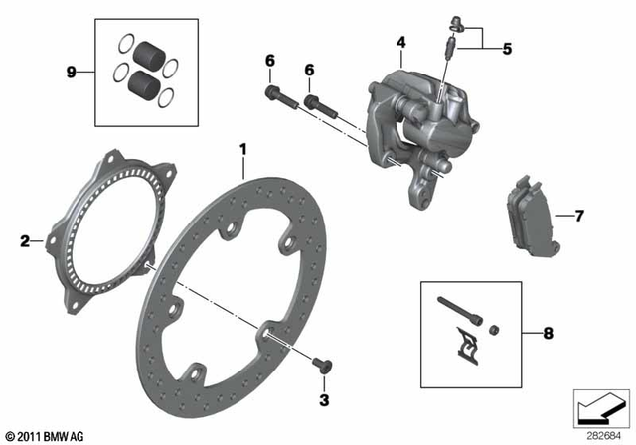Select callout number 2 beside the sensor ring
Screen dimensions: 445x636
click(x=24, y=239)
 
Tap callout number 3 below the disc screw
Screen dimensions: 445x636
click(x=323, y=399)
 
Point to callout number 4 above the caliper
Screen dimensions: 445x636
click(x=401, y=42)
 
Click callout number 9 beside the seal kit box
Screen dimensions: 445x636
click(x=70, y=71)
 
